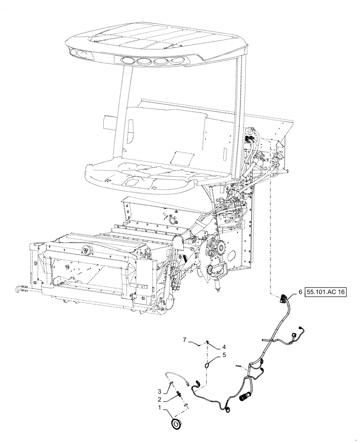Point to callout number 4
[x=224, y=347]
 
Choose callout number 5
[x=224, y=355]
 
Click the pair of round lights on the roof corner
[x=79, y=53]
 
